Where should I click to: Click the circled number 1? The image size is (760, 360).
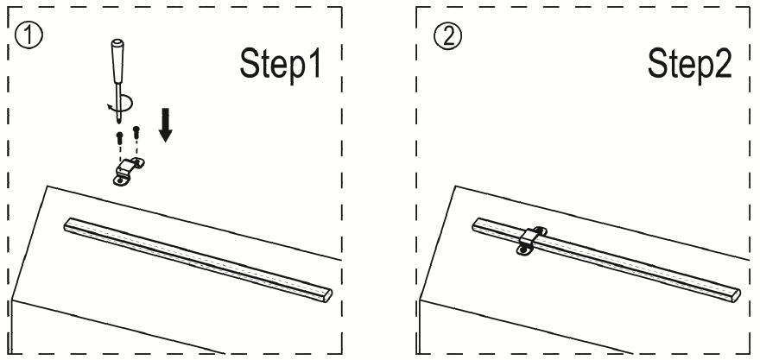pyautogui.click(x=28, y=36)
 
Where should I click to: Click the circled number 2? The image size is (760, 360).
pyautogui.click(x=448, y=36)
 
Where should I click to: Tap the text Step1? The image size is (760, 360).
pyautogui.click(x=281, y=64)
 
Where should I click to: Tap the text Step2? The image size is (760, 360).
pyautogui.click(x=690, y=64)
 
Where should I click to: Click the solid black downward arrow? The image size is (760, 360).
pyautogui.click(x=166, y=125)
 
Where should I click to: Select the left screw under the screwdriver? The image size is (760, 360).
pyautogui.click(x=120, y=139)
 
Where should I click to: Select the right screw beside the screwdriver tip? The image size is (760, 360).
pyautogui.click(x=136, y=131)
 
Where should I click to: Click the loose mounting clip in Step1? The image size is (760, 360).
pyautogui.click(x=129, y=172)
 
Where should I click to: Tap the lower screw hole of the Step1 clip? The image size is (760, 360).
pyautogui.click(x=119, y=181)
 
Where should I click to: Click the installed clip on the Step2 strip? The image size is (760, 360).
pyautogui.click(x=532, y=240)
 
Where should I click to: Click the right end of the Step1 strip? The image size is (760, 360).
pyautogui.click(x=328, y=295)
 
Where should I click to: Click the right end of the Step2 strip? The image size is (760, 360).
pyautogui.click(x=736, y=295)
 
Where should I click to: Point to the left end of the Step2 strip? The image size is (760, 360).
pyautogui.click(x=477, y=224)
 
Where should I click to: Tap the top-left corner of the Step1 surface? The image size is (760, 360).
pyautogui.click(x=47, y=186)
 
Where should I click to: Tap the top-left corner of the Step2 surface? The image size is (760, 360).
pyautogui.click(x=456, y=186)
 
